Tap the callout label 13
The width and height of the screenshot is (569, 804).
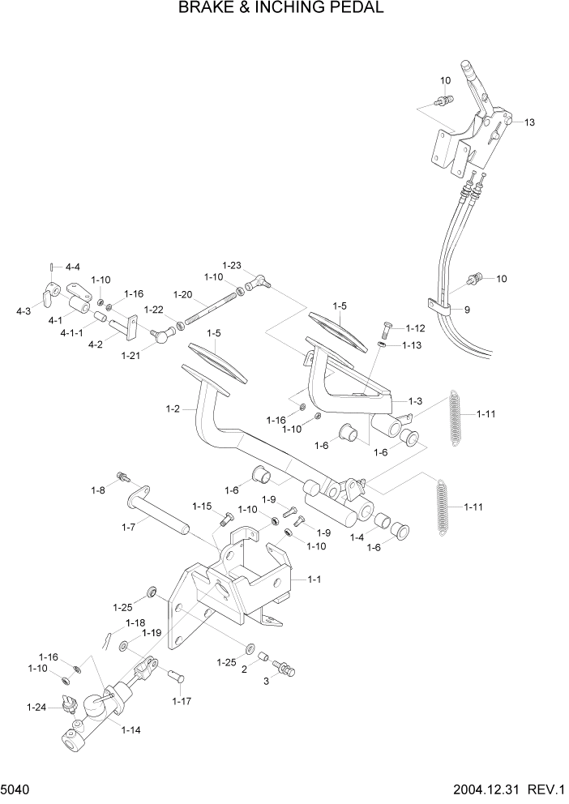(x=529, y=122)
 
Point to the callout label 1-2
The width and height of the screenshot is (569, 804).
(x=173, y=408)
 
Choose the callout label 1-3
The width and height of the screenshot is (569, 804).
(x=415, y=400)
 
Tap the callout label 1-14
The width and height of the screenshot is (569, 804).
(x=130, y=730)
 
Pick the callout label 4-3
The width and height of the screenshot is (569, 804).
(x=23, y=310)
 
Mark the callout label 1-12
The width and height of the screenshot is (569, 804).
(x=414, y=328)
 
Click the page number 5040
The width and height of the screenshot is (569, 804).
(x=18, y=789)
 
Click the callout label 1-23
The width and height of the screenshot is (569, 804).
(x=232, y=265)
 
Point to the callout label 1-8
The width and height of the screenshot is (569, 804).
(x=98, y=490)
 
